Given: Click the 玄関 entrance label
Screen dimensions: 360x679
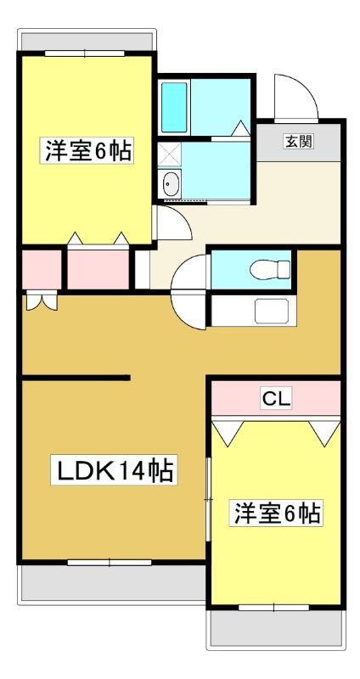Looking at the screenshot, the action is (299, 141).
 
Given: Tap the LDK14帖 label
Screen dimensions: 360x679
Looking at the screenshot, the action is (114, 470).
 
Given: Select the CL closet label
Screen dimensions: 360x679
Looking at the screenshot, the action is (276, 398).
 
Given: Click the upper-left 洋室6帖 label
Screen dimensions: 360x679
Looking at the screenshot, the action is (87, 149).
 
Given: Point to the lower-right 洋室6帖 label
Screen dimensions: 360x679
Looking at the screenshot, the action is (276, 513).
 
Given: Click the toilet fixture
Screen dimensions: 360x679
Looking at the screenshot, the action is (269, 269).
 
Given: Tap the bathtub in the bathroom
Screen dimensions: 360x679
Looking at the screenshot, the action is (174, 107).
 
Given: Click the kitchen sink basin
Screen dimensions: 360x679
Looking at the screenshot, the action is (272, 311).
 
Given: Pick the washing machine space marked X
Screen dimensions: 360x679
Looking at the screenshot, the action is (169, 154).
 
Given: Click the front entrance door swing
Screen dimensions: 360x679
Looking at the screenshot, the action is (295, 97).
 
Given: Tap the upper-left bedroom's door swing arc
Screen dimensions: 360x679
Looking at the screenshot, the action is (173, 222).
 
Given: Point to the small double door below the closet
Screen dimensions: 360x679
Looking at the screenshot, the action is (42, 301).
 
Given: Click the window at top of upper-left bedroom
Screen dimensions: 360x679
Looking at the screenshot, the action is (84, 53).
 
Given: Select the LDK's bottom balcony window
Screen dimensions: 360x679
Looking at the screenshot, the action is (110, 563).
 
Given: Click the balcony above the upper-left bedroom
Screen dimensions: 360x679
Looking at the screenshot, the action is (87, 40).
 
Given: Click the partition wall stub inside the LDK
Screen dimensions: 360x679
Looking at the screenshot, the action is (76, 378).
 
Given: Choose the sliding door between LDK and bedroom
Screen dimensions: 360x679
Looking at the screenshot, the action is (208, 500).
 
